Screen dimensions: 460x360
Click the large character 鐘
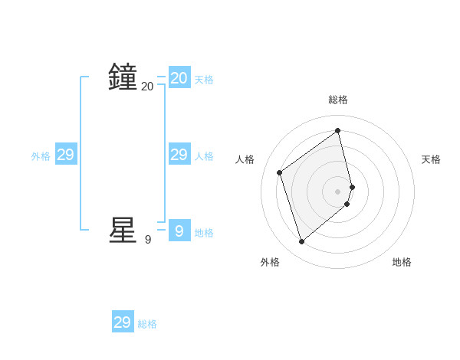point(123,77)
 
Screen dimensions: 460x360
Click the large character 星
point(123,230)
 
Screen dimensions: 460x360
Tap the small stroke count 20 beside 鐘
point(147,87)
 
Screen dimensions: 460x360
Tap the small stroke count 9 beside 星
point(148,240)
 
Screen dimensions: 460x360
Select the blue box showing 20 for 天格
point(179,78)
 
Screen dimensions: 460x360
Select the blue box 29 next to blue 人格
point(179,155)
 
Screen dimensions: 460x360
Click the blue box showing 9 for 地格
point(179,231)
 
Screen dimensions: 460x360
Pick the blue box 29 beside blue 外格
point(66,155)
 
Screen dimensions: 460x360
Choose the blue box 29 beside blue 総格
point(123,322)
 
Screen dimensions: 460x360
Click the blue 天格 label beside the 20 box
point(204,80)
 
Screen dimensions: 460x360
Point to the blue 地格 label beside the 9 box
point(204,233)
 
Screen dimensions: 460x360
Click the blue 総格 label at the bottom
point(147,324)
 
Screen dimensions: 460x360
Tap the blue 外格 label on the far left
point(41,156)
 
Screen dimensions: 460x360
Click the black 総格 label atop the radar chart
point(338,100)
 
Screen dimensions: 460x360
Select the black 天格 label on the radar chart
point(431,159)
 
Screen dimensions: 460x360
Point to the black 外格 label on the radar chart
point(270,262)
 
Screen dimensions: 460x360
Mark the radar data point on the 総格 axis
point(338,130)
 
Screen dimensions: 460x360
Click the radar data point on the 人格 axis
point(280,172)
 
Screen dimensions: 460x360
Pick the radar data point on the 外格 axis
point(302,242)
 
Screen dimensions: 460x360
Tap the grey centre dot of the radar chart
point(338,191)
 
